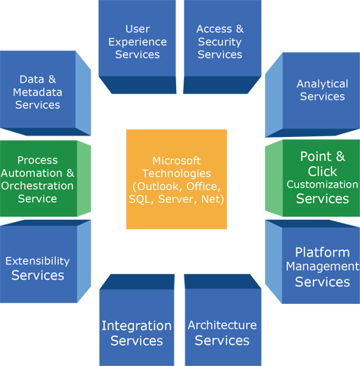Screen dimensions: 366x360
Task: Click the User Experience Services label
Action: pyautogui.click(x=137, y=41)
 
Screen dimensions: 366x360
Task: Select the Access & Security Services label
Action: pyautogui.click(x=219, y=41)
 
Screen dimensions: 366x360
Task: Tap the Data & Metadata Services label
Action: pyautogui.click(x=38, y=92)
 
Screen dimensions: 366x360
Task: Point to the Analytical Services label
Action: pyautogui.click(x=322, y=90)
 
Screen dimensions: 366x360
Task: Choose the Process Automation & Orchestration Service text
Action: pyautogui.click(x=38, y=179)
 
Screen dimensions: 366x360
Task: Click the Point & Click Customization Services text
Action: pyautogui.click(x=322, y=178)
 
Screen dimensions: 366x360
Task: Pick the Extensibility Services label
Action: pyautogui.click(x=38, y=268)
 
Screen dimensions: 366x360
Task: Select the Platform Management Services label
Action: pyautogui.click(x=322, y=266)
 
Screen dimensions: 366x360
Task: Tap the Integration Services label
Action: pyautogui.click(x=136, y=333)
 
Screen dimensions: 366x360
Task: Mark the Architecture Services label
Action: pyautogui.click(x=222, y=333)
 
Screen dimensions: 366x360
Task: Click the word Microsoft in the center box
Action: pyautogui.click(x=177, y=160)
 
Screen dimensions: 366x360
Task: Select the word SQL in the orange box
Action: pyautogui.click(x=142, y=199)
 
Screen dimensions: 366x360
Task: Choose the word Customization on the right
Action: pyautogui.click(x=322, y=185)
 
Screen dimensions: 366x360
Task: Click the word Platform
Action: pyautogui.click(x=322, y=252)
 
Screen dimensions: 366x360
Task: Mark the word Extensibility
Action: pyautogui.click(x=38, y=261)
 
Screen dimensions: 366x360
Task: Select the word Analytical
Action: pyautogui.click(x=322, y=83)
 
